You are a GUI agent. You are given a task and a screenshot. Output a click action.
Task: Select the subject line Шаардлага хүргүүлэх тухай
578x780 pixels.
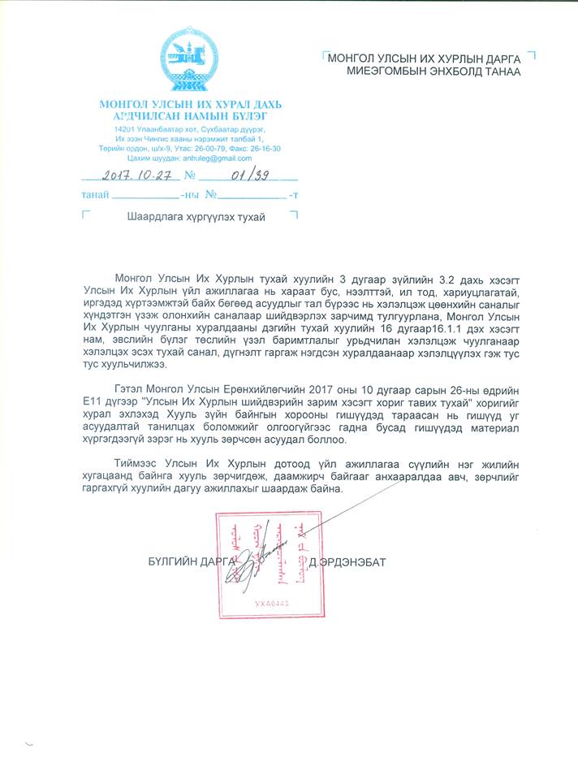pyautogui.click(x=196, y=218)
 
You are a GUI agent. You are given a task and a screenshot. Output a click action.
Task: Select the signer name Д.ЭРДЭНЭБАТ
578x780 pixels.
pyautogui.click(x=352, y=561)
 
